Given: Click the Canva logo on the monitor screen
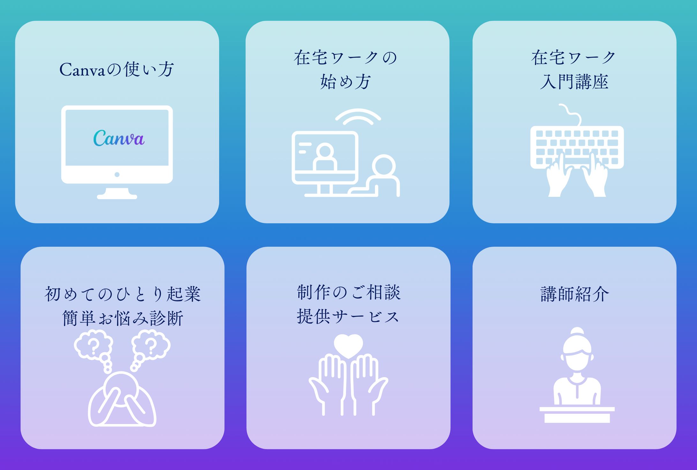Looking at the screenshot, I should (119, 138).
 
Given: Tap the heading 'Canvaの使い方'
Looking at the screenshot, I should (117, 70).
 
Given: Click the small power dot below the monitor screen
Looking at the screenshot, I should (117, 175).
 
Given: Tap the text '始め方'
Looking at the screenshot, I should (346, 82).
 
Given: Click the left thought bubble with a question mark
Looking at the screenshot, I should (94, 346).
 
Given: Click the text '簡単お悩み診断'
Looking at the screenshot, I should (123, 318).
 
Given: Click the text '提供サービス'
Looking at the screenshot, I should (348, 317).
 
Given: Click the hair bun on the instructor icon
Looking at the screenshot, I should (577, 332).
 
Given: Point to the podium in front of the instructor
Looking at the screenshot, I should (577, 415).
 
